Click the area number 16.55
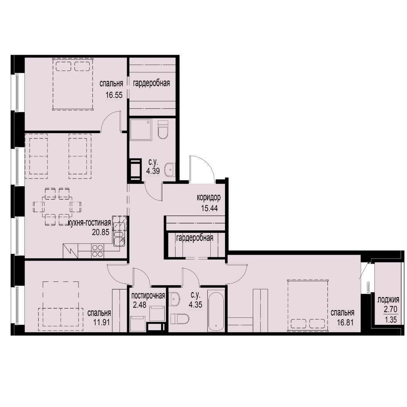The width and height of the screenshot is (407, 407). (x=114, y=95)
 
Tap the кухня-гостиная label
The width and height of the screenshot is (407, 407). (x=89, y=223)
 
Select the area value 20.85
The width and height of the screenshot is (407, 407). (x=101, y=232)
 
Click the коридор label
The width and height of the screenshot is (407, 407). (x=209, y=198)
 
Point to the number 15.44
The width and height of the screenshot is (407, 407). (x=209, y=208)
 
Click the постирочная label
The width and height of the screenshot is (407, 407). (x=148, y=296)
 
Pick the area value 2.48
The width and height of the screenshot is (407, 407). (x=140, y=304)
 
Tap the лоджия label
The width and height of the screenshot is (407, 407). (x=388, y=300)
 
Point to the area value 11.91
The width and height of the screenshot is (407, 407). (x=101, y=322)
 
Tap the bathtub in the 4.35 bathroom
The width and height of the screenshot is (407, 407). (x=216, y=309)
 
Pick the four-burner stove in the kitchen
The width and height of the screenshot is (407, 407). (x=98, y=251)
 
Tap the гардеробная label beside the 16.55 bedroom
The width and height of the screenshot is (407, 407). (x=151, y=83)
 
